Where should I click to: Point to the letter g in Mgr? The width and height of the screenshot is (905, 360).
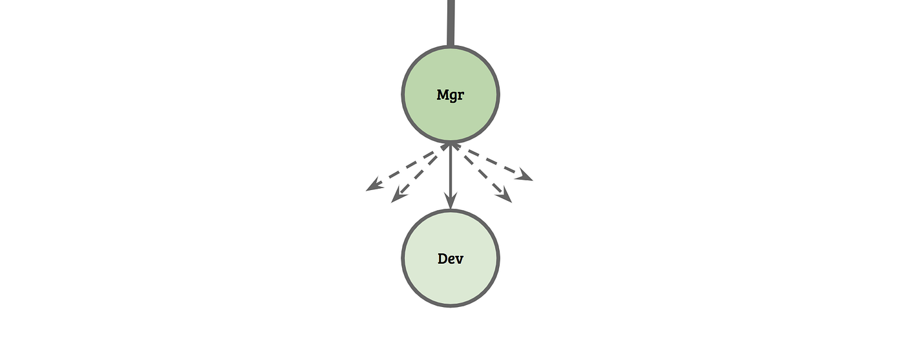click(x=454, y=96)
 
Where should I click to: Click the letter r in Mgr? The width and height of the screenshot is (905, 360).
click(x=462, y=96)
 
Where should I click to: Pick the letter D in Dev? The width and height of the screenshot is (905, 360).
click(x=443, y=259)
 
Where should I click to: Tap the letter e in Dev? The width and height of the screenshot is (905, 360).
click(x=452, y=260)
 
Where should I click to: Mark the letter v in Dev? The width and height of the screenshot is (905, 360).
click(x=460, y=260)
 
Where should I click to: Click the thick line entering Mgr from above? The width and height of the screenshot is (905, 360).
click(x=451, y=23)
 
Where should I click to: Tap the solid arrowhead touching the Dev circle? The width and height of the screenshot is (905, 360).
click(x=451, y=202)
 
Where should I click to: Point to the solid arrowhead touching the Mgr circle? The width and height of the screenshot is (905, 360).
click(x=451, y=149)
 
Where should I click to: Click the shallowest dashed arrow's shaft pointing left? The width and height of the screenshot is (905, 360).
click(x=407, y=168)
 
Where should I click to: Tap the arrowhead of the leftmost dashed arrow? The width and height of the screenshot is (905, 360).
click(x=373, y=186)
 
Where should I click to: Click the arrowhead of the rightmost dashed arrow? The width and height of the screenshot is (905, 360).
click(x=525, y=175)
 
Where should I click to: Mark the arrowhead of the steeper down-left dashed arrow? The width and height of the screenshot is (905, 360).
click(x=398, y=196)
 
